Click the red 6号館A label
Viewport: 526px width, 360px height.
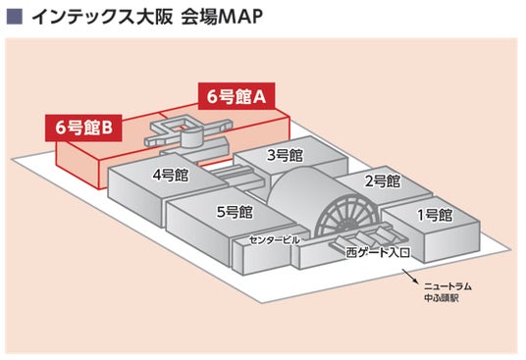[237, 96]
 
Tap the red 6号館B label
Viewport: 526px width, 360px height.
[83, 128]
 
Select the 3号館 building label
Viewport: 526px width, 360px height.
[285, 155]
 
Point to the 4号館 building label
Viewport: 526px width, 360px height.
[171, 175]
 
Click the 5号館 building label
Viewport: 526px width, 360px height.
[235, 212]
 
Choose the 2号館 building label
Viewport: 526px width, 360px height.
[383, 181]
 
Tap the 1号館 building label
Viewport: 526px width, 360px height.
[435, 215]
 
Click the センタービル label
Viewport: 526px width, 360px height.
[274, 240]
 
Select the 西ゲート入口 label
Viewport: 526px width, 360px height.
[378, 252]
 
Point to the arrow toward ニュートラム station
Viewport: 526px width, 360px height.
[410, 276]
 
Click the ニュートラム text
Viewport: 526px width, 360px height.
[447, 287]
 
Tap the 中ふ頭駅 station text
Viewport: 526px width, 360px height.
[441, 298]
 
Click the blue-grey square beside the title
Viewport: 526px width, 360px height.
[14, 16]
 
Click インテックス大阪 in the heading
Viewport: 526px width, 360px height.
[102, 17]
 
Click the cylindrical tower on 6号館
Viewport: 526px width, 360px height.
[192, 138]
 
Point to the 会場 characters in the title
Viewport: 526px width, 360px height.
[196, 17]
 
